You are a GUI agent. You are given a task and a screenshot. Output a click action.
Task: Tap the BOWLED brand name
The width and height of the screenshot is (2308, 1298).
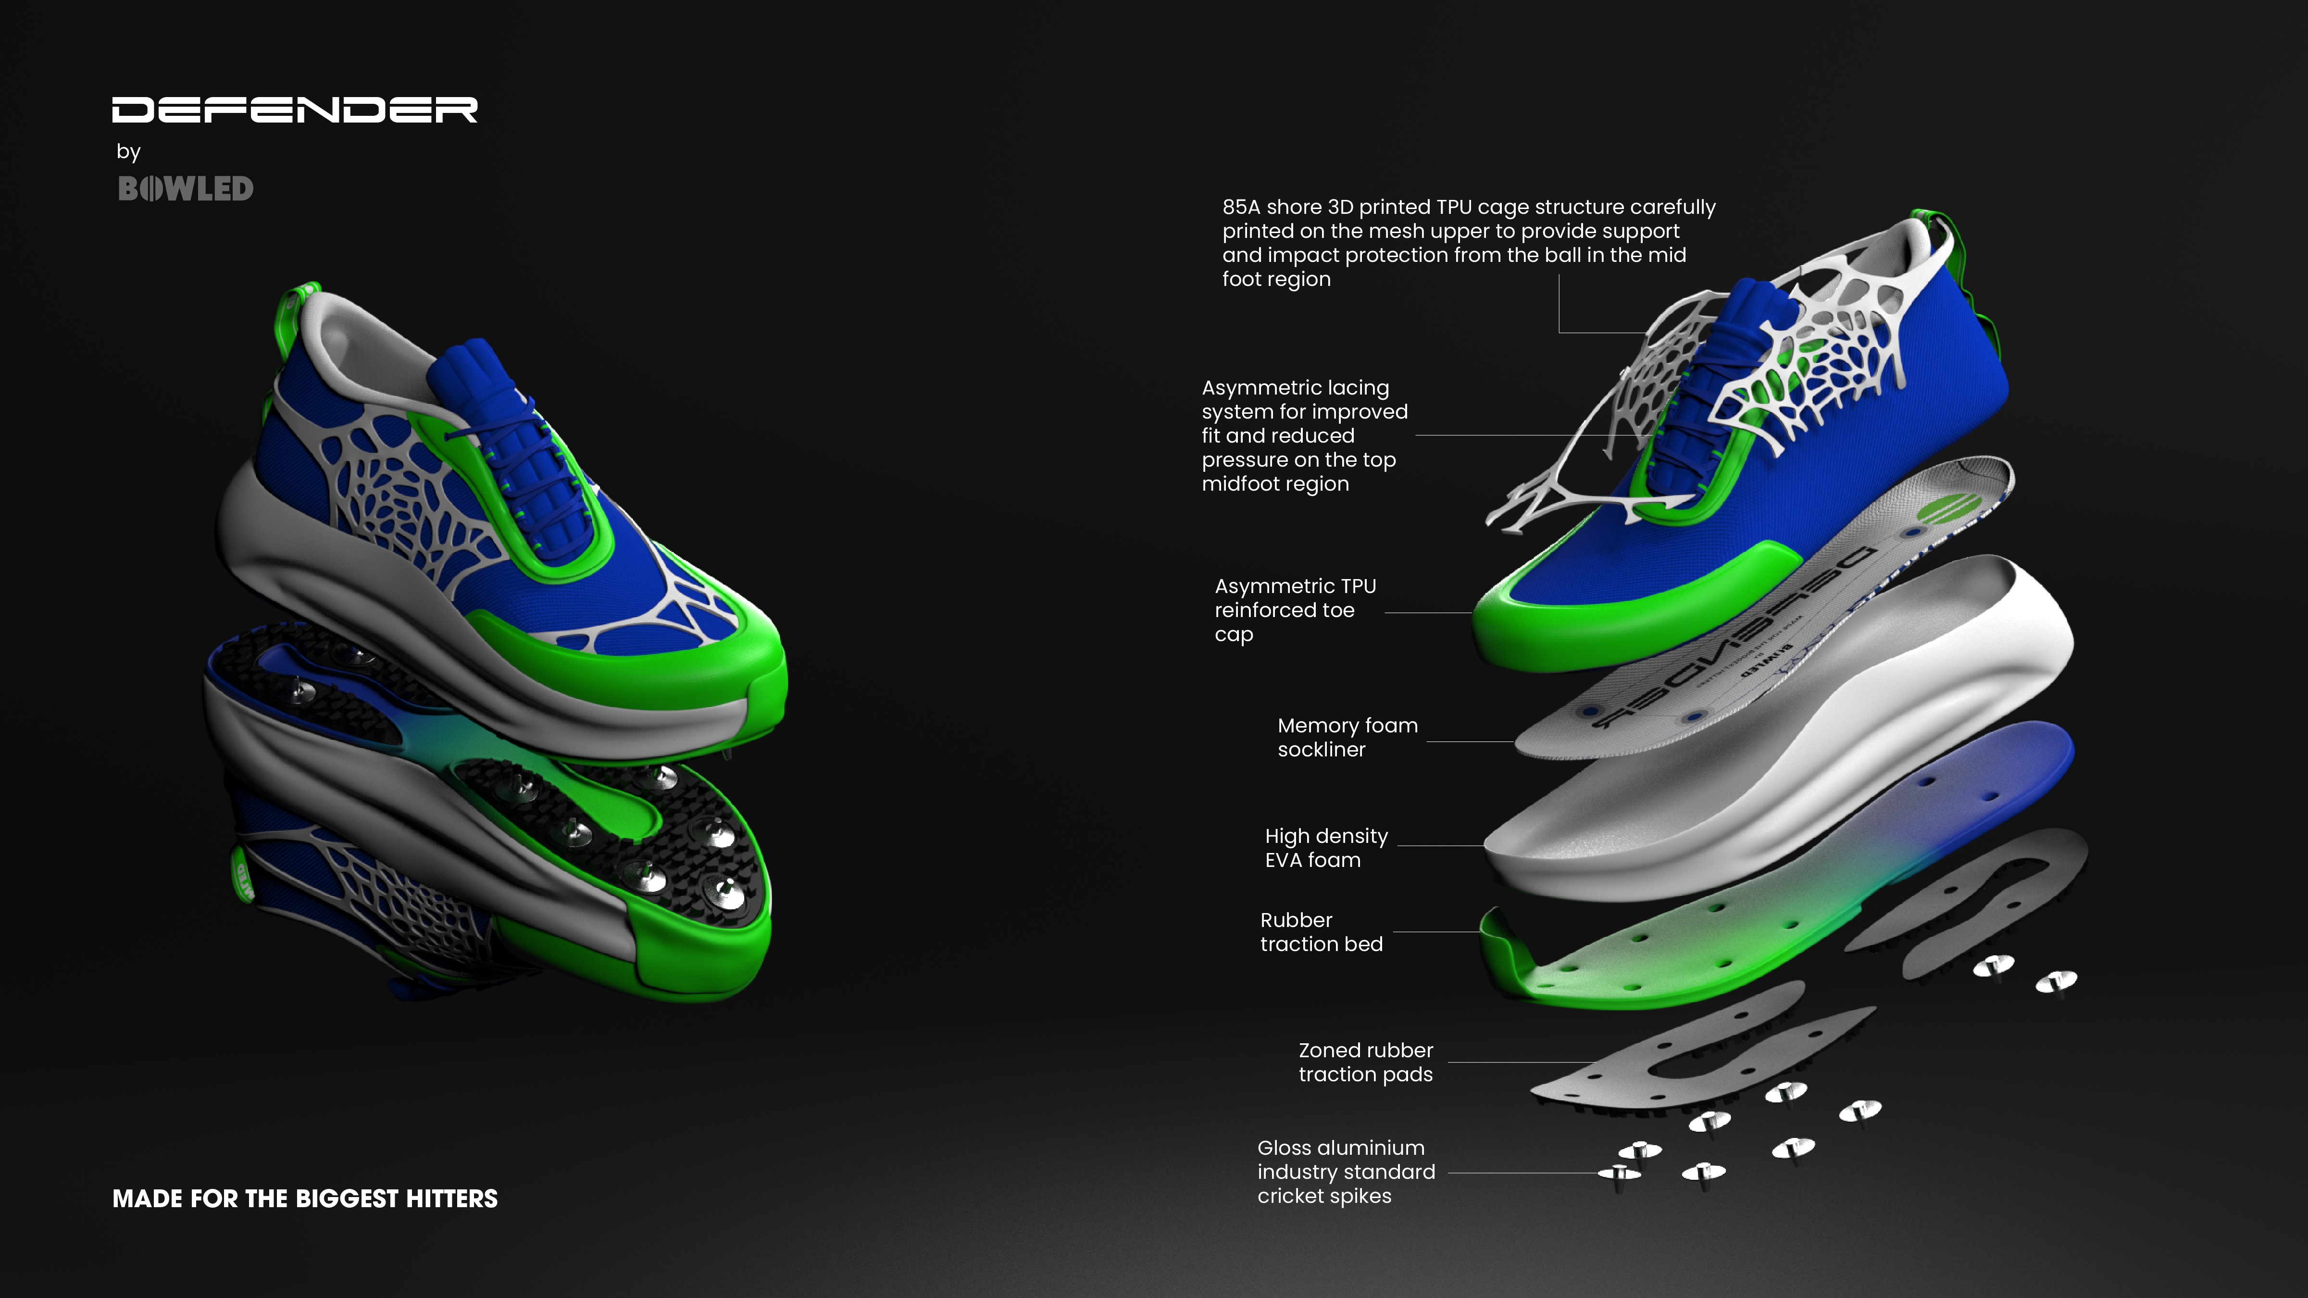(x=186, y=189)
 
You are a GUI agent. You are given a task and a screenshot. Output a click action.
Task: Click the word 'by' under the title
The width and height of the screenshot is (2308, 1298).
(x=128, y=151)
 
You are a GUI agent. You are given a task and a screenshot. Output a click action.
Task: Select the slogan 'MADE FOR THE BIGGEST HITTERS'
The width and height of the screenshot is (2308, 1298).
(x=305, y=1199)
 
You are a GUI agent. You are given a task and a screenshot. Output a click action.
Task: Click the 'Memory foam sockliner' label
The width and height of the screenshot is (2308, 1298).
(x=1347, y=737)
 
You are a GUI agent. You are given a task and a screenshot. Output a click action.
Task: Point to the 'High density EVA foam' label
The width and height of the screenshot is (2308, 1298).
(x=1326, y=847)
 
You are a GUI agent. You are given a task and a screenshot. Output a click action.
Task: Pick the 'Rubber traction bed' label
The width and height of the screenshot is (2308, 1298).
(x=1321, y=932)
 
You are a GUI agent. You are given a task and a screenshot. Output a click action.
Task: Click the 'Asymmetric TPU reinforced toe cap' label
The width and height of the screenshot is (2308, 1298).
(x=1295, y=610)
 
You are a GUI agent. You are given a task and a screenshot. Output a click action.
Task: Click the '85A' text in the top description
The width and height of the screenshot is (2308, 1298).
(x=1241, y=207)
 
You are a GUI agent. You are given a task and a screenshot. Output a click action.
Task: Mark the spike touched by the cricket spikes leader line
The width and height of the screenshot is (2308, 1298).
(x=1620, y=1174)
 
